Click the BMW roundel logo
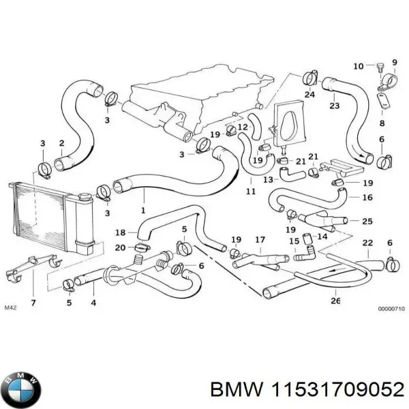click(22, 390)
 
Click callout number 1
click(143, 210)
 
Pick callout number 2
click(61, 143)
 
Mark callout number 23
click(334, 106)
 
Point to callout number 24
click(309, 95)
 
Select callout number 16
click(367, 198)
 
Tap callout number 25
click(367, 221)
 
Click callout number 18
click(121, 232)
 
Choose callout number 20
click(121, 247)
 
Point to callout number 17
click(260, 240)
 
